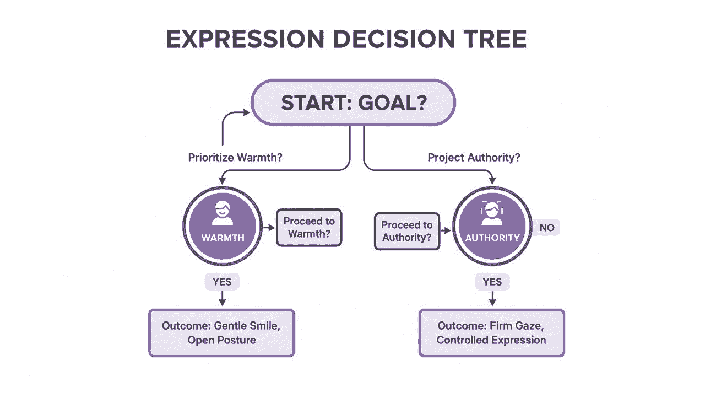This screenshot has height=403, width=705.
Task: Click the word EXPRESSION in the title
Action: point(245,39)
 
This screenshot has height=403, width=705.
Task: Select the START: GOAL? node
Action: point(353,103)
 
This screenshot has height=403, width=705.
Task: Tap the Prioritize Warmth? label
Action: point(235,157)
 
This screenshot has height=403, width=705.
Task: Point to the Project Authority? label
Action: point(474,157)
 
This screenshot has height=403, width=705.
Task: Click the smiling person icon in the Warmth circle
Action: point(223,213)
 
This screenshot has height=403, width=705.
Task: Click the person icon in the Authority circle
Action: point(492,213)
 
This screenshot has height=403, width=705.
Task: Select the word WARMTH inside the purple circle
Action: point(223,238)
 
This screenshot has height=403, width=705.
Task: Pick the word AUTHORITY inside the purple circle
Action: point(492,238)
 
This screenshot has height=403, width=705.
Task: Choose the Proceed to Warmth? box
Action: point(309,228)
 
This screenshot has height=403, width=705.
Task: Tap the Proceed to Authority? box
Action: point(407,232)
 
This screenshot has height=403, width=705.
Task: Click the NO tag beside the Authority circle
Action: point(547,228)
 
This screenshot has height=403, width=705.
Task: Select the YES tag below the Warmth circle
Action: point(222,282)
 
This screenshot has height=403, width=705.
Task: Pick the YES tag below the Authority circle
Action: point(492,282)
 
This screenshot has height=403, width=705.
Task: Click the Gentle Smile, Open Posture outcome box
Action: point(221,333)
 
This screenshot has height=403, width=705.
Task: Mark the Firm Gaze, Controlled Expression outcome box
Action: point(492,333)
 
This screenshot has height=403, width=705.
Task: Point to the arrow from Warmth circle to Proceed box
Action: point(269,228)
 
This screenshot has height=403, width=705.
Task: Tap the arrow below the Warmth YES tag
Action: point(222,298)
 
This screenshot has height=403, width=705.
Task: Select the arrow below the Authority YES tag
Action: point(492,298)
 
